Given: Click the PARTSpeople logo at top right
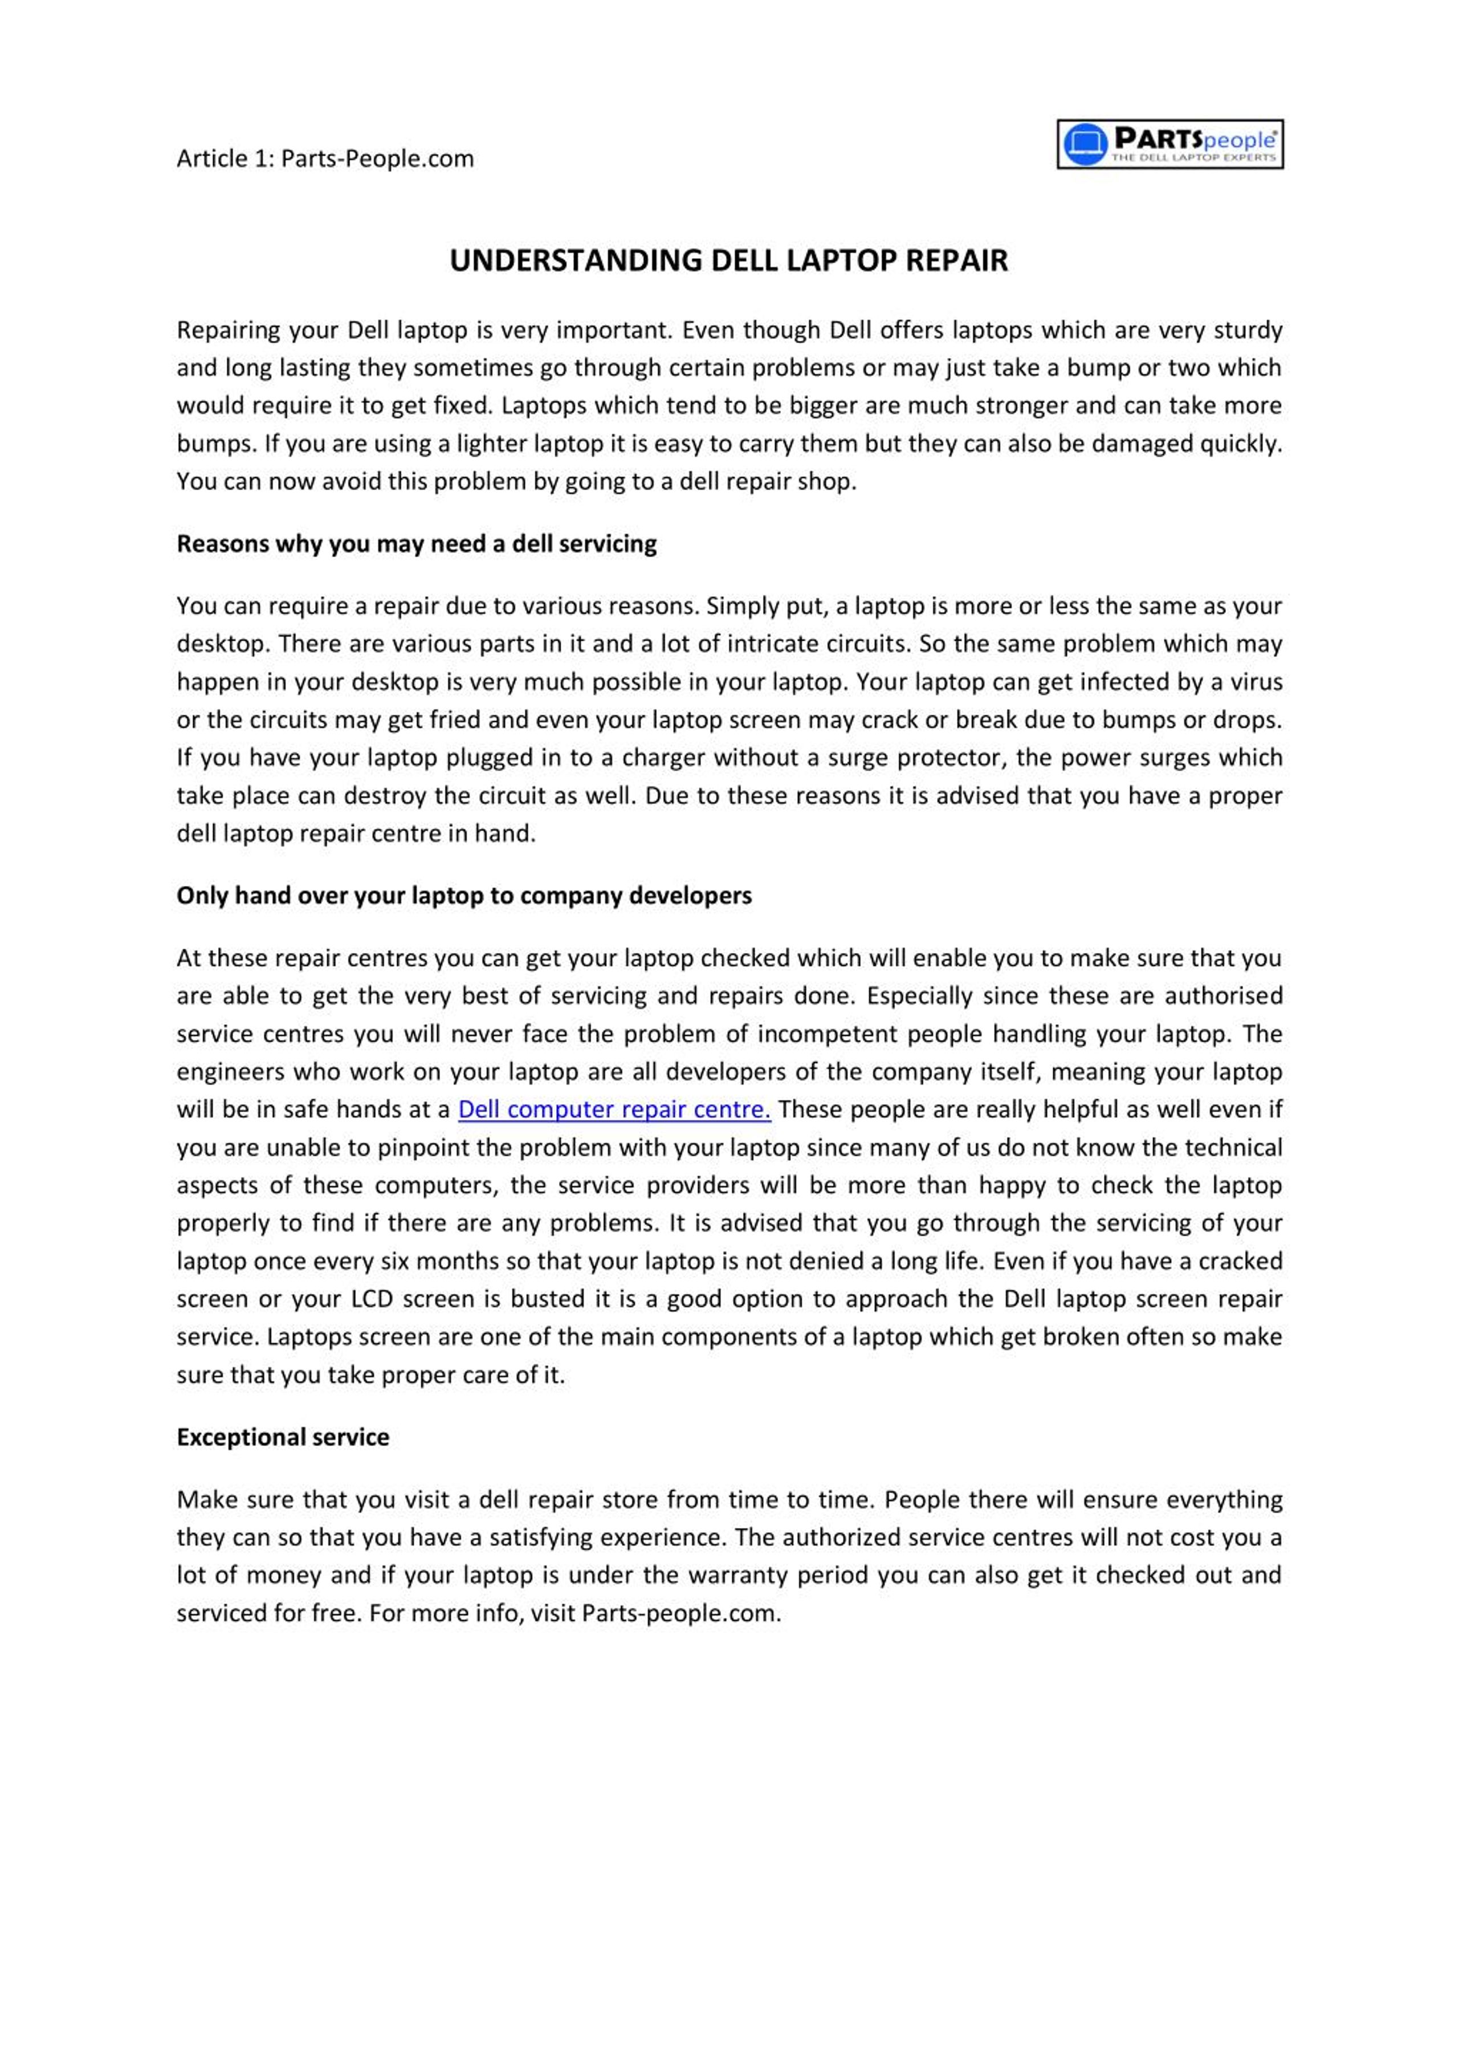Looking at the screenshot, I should [x=1169, y=144].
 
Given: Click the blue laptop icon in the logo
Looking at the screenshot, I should [x=1085, y=144].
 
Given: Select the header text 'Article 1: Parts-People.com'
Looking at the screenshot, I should [x=325, y=158].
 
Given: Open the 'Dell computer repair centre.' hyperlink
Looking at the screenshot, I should [x=614, y=1109].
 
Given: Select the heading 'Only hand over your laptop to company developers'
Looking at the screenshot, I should [x=464, y=896].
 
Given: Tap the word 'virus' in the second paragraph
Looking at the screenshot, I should [x=1256, y=681].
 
